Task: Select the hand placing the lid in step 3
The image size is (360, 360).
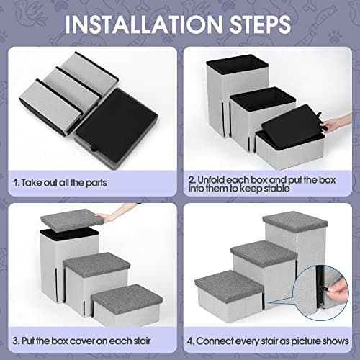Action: pyautogui.click(x=109, y=216)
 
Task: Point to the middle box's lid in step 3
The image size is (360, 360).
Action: pyautogui.click(x=96, y=262)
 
